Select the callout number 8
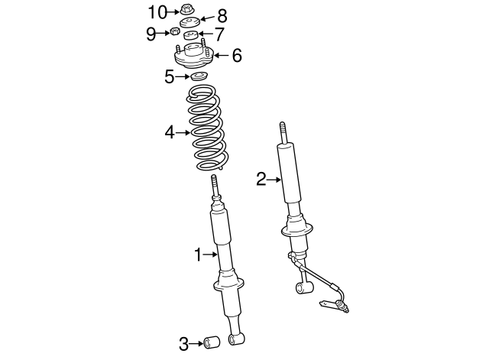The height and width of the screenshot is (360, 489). coord(222,15)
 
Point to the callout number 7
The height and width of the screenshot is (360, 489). coord(219,34)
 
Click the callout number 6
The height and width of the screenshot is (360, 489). coord(236,55)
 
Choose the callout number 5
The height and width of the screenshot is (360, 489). coord(170,76)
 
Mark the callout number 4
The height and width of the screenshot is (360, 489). coord(170,133)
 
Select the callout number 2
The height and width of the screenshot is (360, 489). coord(261,179)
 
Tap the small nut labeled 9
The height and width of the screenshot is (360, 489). coord(174,32)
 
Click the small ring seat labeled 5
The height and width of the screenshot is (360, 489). coord(199,77)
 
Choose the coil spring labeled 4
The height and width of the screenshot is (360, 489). coord(207,128)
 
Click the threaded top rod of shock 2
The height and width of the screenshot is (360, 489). coord(283,131)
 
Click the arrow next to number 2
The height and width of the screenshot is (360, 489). coord(275,180)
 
